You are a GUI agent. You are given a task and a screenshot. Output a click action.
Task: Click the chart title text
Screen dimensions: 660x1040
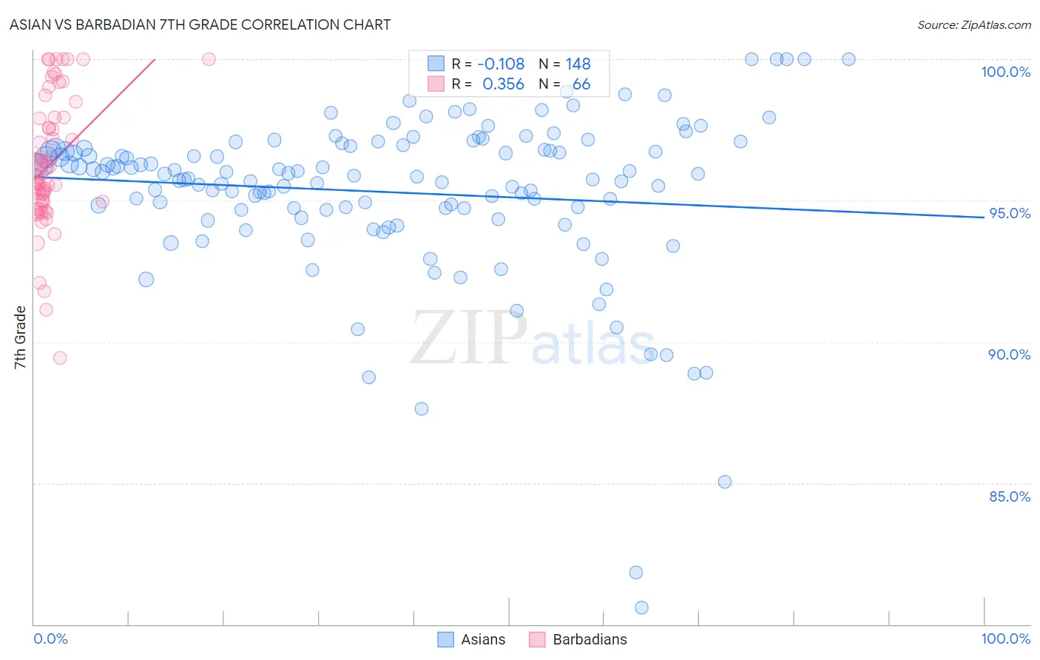(x=200, y=24)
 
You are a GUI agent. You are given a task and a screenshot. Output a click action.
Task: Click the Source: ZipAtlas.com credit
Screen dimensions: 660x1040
(x=973, y=24)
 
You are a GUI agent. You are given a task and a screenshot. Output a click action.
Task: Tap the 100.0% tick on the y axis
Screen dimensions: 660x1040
(x=1005, y=72)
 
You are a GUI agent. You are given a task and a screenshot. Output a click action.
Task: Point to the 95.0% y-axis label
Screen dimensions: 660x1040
(x=1009, y=213)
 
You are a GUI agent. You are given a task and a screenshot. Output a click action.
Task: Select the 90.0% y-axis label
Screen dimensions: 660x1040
(x=1009, y=354)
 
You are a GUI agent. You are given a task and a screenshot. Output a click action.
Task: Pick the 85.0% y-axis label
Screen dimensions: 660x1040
(x=1009, y=496)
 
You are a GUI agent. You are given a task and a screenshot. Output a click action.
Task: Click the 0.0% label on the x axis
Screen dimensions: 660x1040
(x=50, y=639)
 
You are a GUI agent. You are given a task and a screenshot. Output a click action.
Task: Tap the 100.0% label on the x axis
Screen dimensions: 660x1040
(x=1005, y=639)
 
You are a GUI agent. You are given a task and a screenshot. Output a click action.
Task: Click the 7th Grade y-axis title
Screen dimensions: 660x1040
(x=20, y=337)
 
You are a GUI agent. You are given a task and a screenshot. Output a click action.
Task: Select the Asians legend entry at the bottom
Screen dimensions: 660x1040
(x=482, y=639)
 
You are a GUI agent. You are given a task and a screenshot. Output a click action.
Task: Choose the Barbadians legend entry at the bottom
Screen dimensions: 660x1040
(x=589, y=639)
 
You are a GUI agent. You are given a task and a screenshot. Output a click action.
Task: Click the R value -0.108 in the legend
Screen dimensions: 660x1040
(x=501, y=64)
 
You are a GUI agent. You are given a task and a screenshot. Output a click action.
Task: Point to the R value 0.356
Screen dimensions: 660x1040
(x=503, y=84)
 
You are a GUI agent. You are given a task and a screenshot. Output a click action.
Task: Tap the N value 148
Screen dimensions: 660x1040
(x=578, y=64)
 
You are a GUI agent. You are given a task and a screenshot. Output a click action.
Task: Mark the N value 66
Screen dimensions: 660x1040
(x=581, y=84)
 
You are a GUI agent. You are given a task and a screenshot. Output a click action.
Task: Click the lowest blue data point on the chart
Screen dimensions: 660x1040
(x=641, y=607)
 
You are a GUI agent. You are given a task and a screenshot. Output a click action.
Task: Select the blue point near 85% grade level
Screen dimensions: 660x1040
(x=725, y=482)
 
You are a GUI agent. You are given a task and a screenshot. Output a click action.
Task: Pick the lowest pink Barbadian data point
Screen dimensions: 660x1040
(x=60, y=358)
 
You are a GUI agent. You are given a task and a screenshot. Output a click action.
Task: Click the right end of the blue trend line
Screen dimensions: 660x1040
(x=984, y=217)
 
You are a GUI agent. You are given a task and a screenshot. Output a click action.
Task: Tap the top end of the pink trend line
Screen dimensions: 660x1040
(x=155, y=59)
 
